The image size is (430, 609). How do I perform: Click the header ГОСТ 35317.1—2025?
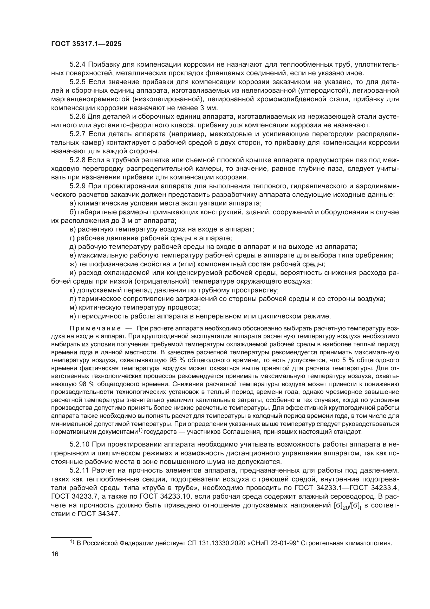click(86, 44)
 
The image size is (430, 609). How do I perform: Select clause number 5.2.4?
click(77, 65)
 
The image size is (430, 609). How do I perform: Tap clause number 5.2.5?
click(77, 82)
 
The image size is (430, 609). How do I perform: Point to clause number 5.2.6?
click(77, 116)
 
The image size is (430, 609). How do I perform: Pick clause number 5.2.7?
click(77, 134)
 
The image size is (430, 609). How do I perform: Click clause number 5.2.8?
click(77, 160)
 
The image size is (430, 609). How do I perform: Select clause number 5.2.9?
click(77, 186)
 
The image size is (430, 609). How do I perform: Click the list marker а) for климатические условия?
click(73, 203)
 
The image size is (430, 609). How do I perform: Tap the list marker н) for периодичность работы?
click(73, 316)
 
